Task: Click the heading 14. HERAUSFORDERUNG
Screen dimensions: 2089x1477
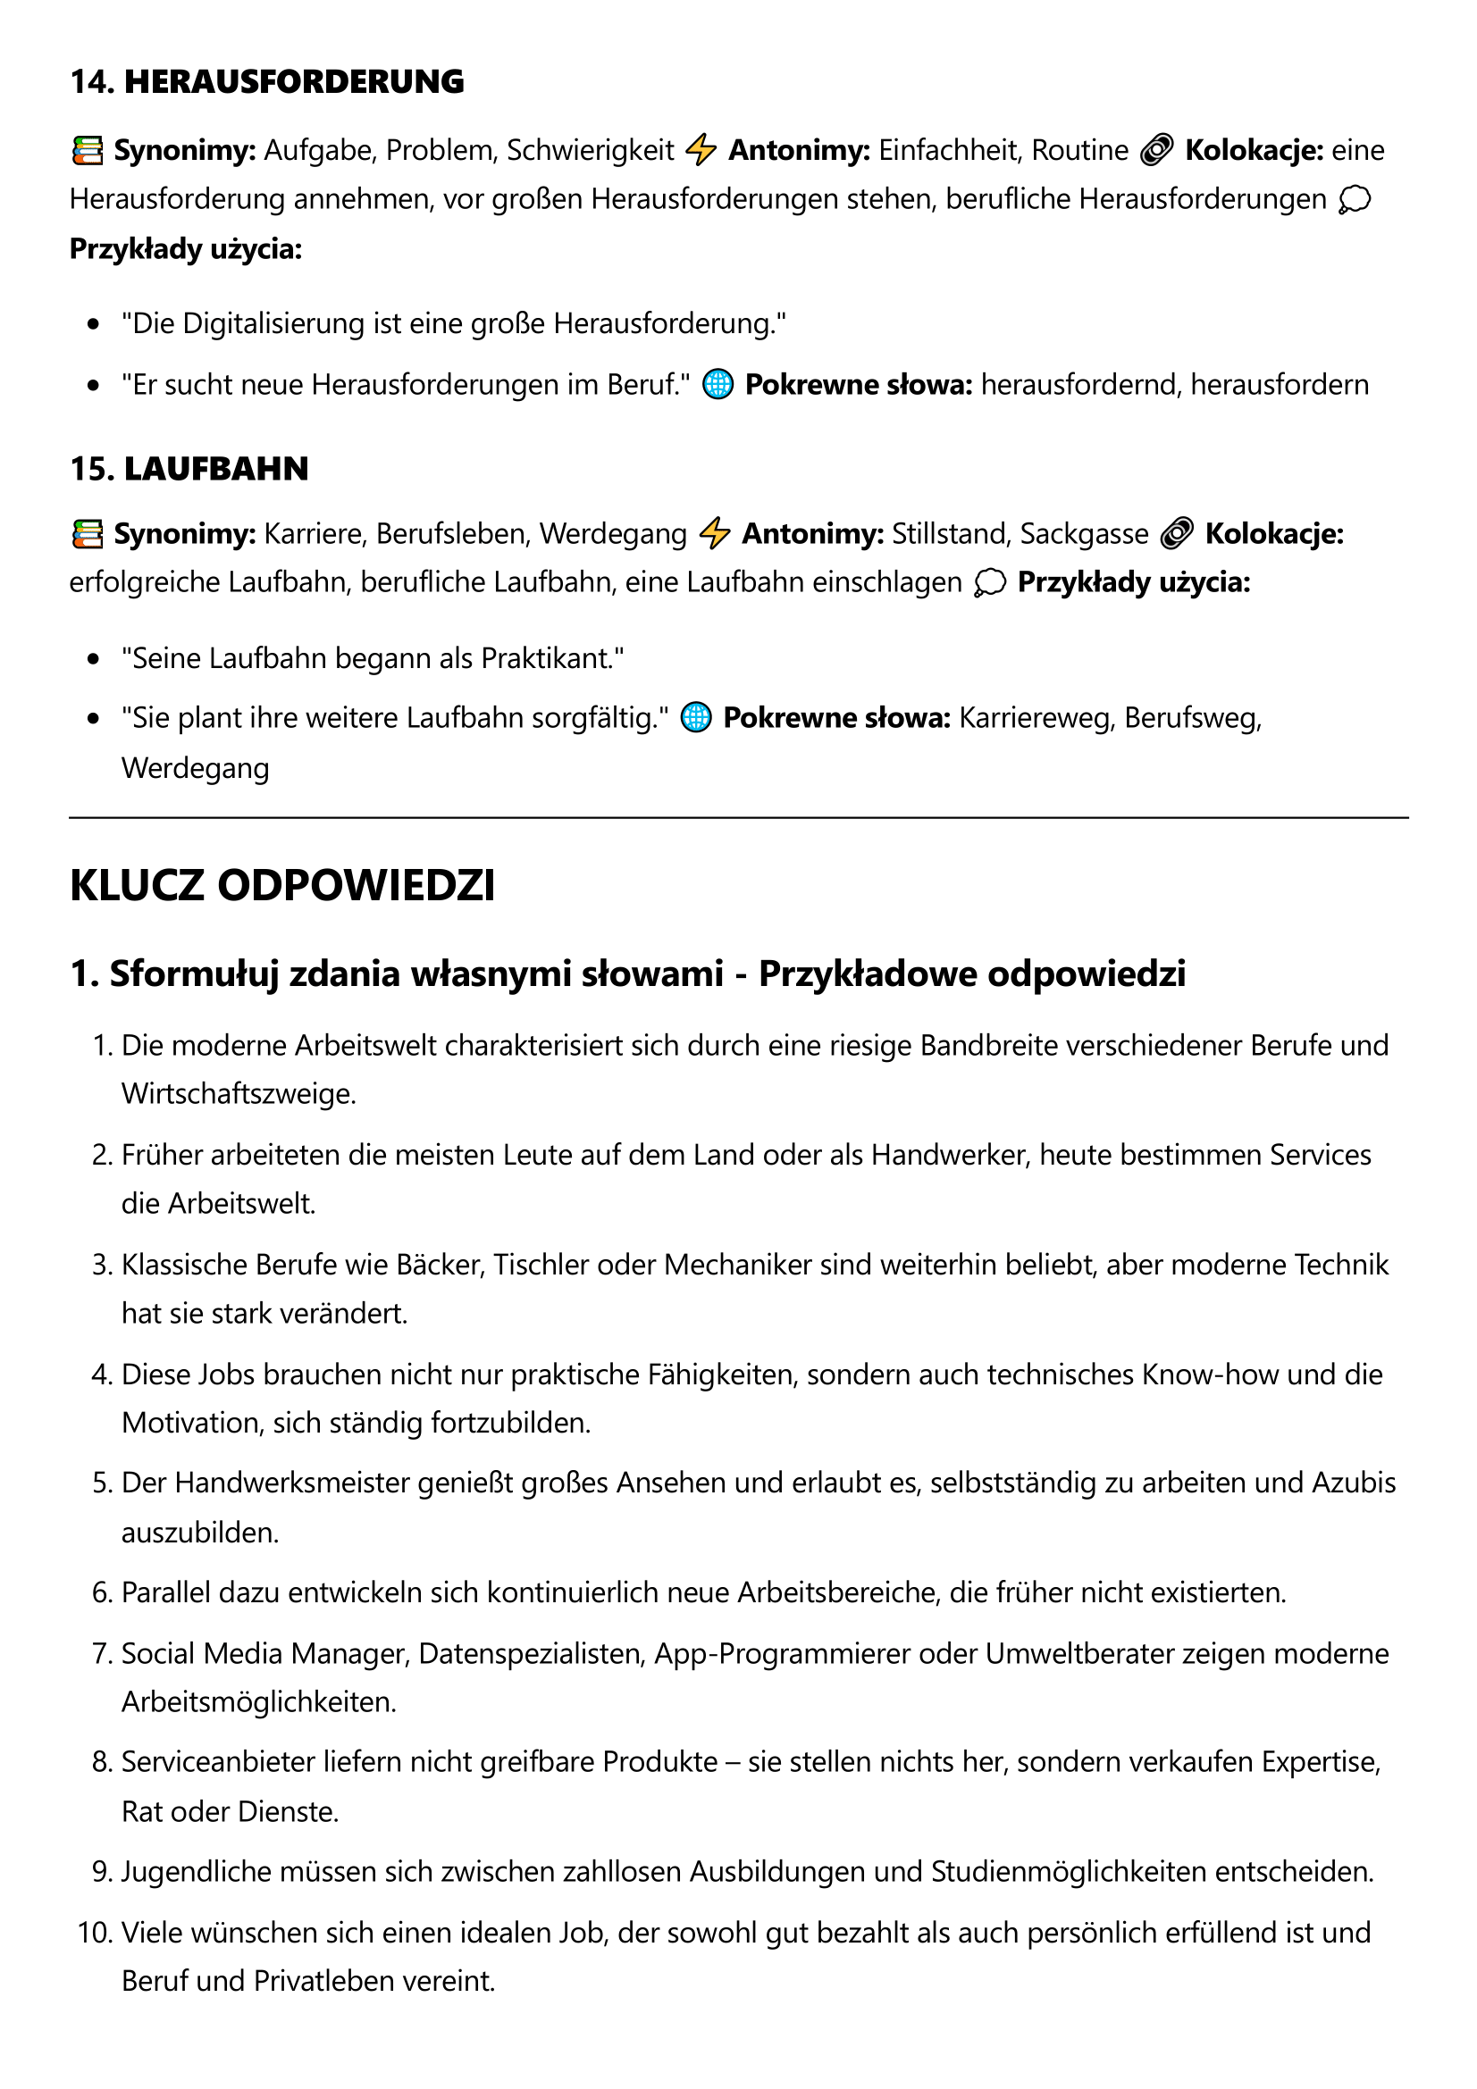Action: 266,82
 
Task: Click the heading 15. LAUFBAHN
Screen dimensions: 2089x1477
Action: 189,469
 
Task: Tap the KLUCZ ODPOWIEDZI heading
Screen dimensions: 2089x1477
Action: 282,885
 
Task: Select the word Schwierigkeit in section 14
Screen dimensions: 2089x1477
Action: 590,150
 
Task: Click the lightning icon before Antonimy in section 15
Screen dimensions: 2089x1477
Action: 716,533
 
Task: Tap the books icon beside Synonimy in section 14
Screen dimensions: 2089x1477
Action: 88,150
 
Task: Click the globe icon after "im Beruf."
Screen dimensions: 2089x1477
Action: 718,385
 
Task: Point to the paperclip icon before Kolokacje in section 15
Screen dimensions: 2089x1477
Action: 1177,533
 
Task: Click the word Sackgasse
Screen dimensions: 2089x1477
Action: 1084,533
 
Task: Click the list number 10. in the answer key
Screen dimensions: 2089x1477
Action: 95,1933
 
